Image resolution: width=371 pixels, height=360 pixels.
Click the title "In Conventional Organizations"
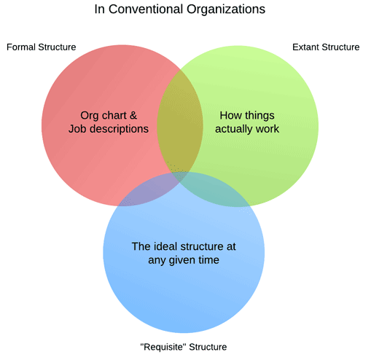(180, 9)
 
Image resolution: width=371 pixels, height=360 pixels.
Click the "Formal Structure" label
(42, 47)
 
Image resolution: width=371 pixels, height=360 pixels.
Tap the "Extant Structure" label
(326, 47)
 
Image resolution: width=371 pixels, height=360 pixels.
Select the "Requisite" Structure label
(184, 347)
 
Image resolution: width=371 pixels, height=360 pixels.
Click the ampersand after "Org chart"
(133, 115)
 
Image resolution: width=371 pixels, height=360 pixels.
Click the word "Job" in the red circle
(77, 129)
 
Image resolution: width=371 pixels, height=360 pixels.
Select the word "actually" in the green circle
(234, 129)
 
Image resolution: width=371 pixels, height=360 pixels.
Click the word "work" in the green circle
(267, 129)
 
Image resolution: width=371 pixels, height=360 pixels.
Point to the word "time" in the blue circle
(208, 260)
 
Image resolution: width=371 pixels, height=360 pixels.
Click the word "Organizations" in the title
(226, 10)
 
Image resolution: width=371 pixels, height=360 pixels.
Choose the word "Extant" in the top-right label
(305, 47)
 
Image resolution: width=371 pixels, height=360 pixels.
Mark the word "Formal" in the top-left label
(21, 47)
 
